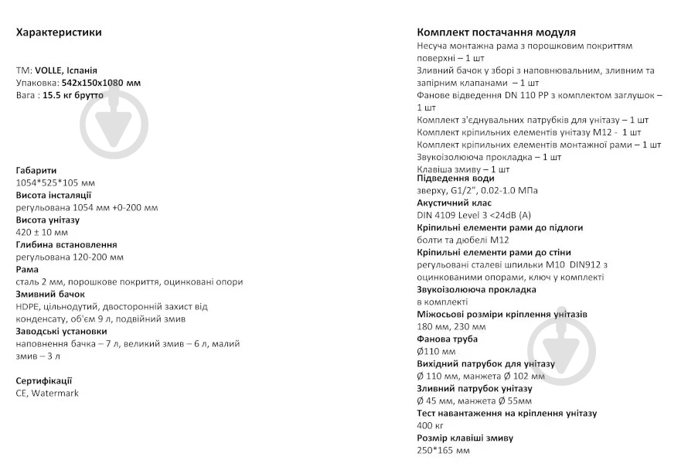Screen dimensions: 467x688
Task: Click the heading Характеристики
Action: [59, 32]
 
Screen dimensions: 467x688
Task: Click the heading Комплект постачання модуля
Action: [496, 32]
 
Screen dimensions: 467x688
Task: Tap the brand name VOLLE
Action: [49, 70]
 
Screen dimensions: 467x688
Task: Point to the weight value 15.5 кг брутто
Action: [73, 95]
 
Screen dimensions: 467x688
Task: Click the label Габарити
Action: [36, 170]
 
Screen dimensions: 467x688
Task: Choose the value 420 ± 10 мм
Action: [42, 232]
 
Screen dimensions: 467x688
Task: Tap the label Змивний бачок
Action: [50, 294]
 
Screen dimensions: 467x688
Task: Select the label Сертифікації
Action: [44, 380]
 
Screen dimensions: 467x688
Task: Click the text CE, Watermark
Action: [47, 393]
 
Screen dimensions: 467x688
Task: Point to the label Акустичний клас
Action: [455, 203]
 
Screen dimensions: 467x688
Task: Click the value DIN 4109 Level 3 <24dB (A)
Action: [474, 215]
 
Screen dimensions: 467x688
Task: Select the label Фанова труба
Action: [447, 339]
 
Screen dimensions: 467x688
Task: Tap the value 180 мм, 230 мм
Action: [451, 326]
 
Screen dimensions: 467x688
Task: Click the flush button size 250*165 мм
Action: [443, 450]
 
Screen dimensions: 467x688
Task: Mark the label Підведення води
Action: [455, 178]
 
